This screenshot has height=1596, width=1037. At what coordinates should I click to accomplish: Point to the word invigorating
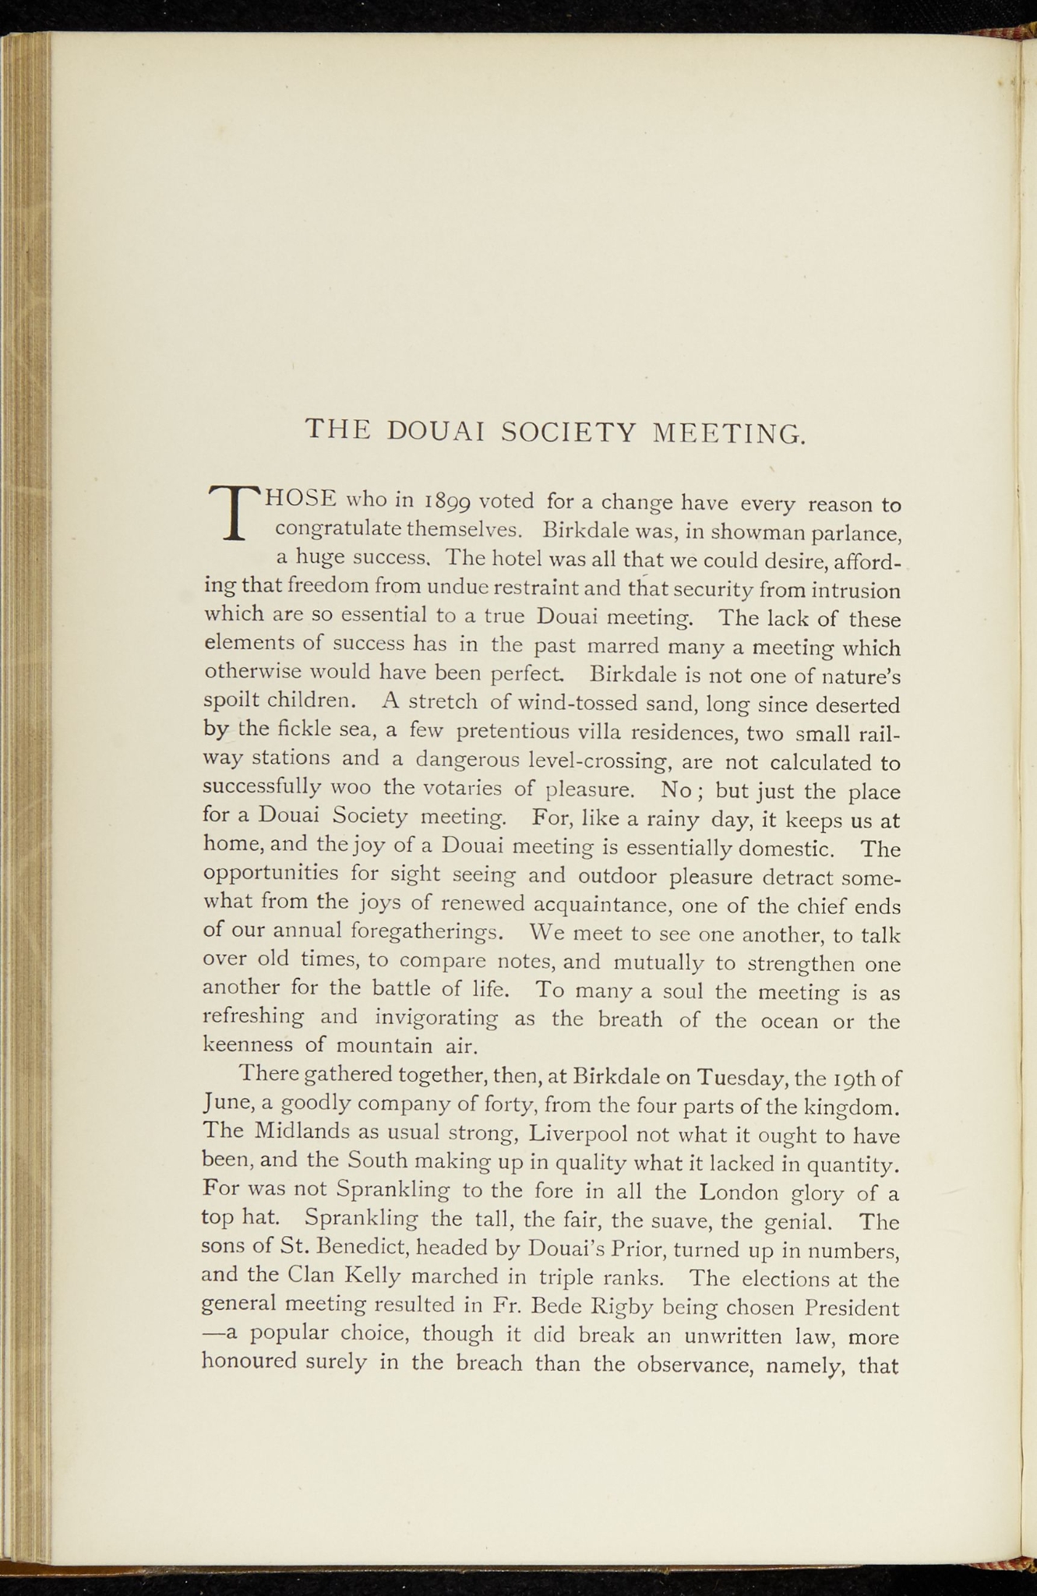pos(436,1018)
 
